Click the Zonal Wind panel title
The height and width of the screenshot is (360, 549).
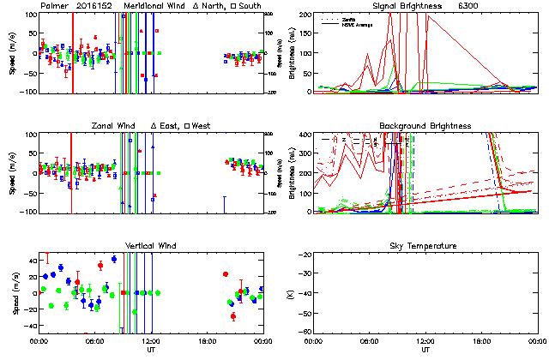point(117,126)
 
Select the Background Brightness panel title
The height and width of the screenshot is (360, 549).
point(425,126)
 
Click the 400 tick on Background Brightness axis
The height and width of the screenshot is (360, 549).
point(305,135)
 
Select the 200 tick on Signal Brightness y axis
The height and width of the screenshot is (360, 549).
point(305,15)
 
